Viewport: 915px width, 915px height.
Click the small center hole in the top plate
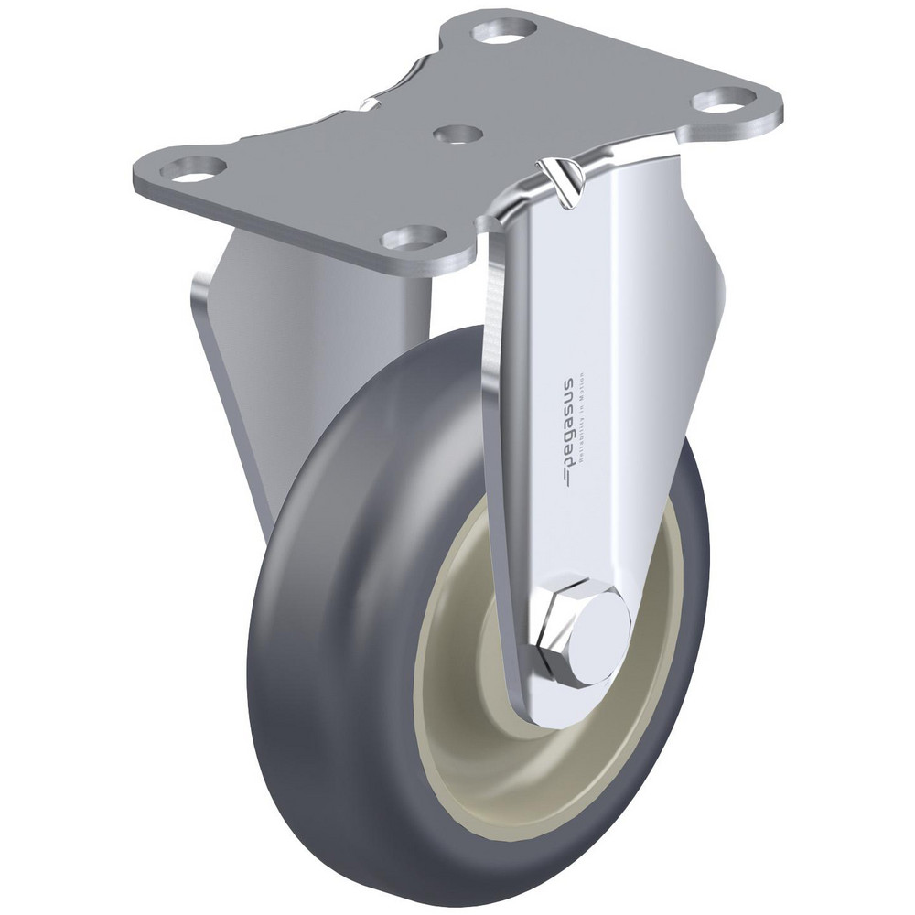(455, 135)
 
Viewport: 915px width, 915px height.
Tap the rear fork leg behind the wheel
(265, 384)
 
